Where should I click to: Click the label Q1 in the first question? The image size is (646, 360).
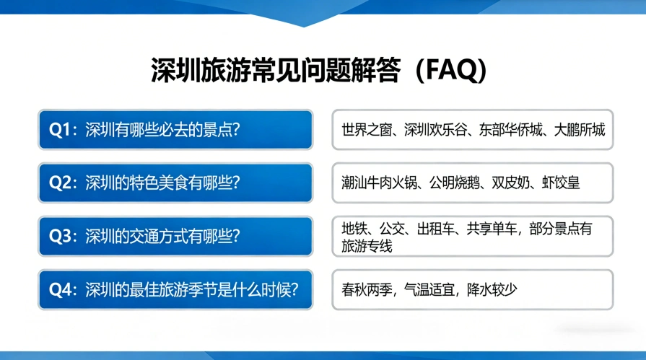coord(60,130)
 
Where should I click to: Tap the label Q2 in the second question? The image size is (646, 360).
coord(61,183)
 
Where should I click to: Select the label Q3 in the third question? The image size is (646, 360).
coord(61,236)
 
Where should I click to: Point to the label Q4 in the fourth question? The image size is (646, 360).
coord(61,289)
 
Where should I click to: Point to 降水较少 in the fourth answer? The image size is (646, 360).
coord(493,289)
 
